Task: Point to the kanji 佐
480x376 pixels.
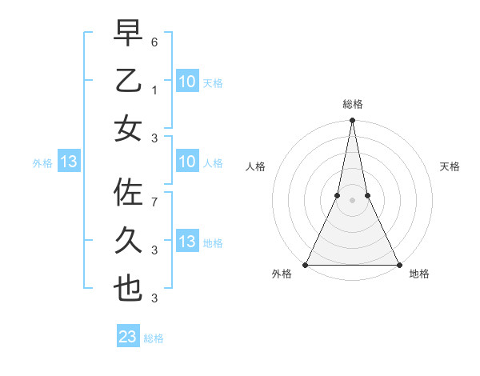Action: pyautogui.click(x=129, y=194)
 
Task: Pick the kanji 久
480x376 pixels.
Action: pyautogui.click(x=129, y=241)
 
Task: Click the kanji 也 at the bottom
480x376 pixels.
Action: pyautogui.click(x=129, y=288)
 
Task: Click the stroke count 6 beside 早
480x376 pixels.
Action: pyautogui.click(x=154, y=41)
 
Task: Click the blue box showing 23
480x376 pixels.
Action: pyautogui.click(x=128, y=337)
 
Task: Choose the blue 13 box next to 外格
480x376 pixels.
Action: pyautogui.click(x=69, y=162)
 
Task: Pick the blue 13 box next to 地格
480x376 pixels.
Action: pyautogui.click(x=186, y=242)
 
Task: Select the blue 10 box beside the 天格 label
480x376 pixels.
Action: pyautogui.click(x=186, y=81)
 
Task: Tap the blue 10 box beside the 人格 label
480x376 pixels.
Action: pyautogui.click(x=186, y=162)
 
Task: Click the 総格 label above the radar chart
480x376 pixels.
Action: pyautogui.click(x=353, y=104)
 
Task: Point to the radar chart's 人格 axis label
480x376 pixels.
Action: pyautogui.click(x=255, y=166)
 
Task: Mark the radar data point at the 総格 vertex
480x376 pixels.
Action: pyautogui.click(x=352, y=121)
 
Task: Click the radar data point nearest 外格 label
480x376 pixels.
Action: pyautogui.click(x=306, y=265)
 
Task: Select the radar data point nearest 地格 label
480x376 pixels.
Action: pyautogui.click(x=398, y=265)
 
